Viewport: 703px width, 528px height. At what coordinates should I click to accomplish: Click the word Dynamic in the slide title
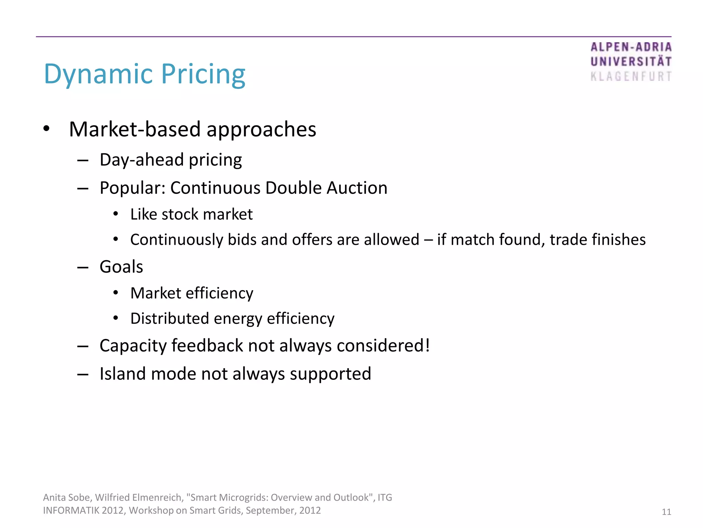[x=98, y=74]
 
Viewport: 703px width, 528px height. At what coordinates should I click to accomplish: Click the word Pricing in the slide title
[x=203, y=74]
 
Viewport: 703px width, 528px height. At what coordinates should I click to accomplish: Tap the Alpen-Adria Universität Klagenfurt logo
[x=631, y=62]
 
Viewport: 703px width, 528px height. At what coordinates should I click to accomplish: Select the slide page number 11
[x=666, y=512]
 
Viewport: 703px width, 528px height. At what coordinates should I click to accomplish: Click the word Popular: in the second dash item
[x=132, y=188]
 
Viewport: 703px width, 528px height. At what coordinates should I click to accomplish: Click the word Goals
[x=121, y=267]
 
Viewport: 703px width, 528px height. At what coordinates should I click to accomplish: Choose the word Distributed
[x=170, y=319]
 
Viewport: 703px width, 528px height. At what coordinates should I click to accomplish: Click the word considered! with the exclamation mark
[x=383, y=345]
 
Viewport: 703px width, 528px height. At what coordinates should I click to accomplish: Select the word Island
[x=123, y=374]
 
